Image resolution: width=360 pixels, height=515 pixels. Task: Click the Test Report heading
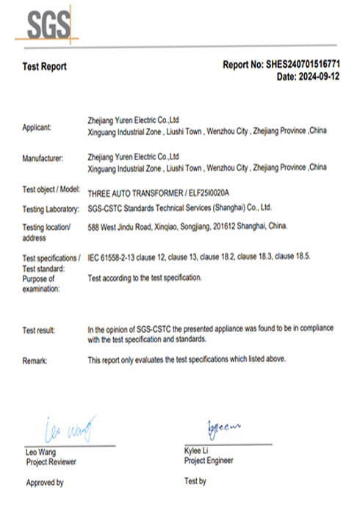pos(45,67)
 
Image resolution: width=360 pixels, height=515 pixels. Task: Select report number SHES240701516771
pos(301,65)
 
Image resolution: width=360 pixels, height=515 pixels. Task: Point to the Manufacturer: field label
pos(43,158)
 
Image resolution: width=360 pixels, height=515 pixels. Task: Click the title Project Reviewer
pos(51,462)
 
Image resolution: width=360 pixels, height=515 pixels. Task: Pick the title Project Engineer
pos(209,461)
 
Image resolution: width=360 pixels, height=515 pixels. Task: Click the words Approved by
pos(45,483)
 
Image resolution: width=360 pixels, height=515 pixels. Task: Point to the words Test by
pos(195,481)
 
